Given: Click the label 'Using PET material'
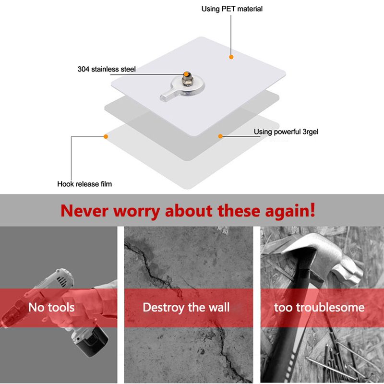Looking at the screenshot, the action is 232,9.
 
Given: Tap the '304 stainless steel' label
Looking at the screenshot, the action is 107,69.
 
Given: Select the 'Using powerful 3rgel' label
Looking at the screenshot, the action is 286,132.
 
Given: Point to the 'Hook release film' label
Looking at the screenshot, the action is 84,184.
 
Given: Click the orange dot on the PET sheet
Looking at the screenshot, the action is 231,57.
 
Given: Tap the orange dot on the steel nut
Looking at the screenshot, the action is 186,74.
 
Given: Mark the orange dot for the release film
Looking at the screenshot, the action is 106,136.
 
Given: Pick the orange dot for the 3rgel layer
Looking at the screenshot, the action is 220,136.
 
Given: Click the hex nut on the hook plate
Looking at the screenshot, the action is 188,80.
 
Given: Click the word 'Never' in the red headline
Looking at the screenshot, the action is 84,211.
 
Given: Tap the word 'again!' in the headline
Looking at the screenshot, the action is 290,211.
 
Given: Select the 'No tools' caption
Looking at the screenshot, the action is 51,307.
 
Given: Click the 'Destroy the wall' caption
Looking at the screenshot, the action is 186,308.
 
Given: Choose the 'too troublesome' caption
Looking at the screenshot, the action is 319,307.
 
